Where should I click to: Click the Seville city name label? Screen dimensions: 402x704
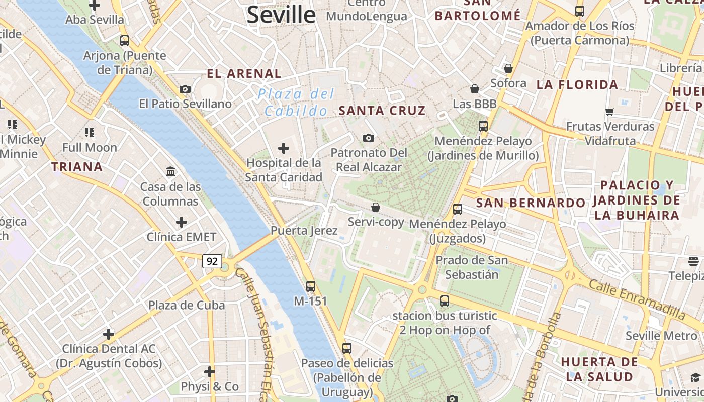click(281, 15)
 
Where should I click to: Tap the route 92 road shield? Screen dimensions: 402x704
click(212, 261)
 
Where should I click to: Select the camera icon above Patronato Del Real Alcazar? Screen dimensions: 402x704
click(369, 138)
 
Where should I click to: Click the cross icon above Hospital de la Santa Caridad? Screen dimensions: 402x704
click(284, 148)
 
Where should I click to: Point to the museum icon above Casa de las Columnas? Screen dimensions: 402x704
click(170, 172)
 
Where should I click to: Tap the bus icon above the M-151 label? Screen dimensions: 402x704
click(311, 286)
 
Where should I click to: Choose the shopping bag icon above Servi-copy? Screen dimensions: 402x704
click(375, 207)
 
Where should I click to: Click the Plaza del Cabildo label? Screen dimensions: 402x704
click(296, 102)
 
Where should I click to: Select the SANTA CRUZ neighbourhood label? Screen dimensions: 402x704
click(382, 111)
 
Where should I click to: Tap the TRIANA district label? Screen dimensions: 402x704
click(77, 167)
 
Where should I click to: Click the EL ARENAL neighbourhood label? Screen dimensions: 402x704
click(244, 74)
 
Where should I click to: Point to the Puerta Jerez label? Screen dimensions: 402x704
click(304, 231)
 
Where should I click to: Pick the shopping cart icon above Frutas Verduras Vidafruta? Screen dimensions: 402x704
click(610, 112)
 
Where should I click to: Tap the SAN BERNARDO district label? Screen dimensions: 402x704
click(531, 203)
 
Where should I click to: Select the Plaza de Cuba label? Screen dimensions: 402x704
click(187, 305)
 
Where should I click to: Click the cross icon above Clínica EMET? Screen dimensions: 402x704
click(182, 222)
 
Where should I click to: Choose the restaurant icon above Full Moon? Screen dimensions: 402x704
click(90, 133)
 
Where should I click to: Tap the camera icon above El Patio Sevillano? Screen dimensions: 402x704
click(185, 89)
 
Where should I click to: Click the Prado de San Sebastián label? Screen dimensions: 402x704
click(472, 267)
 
